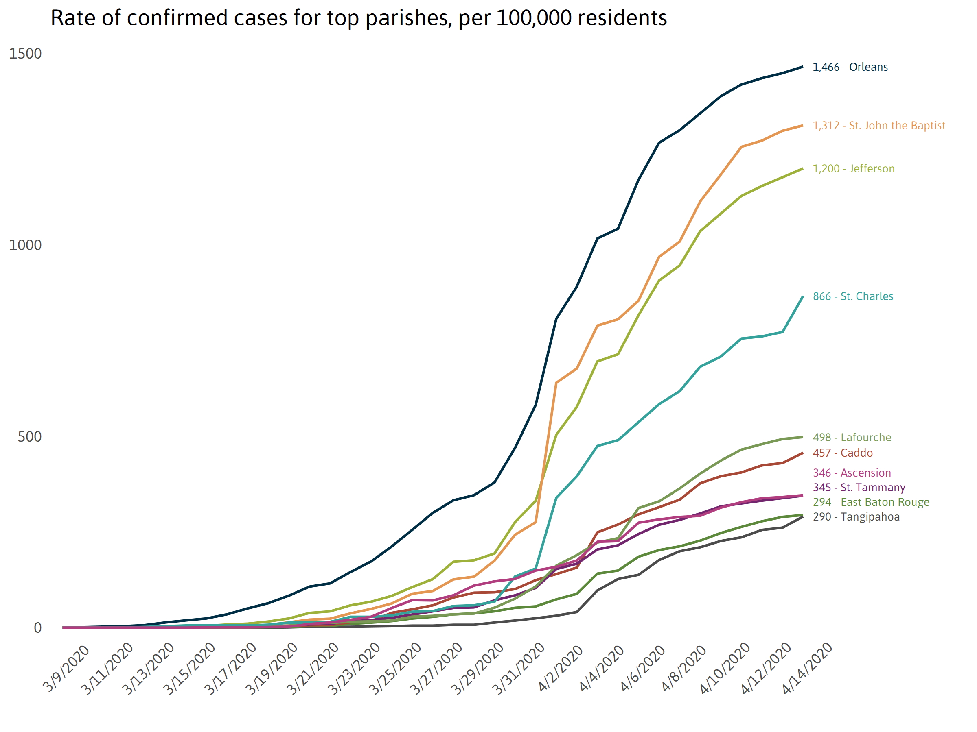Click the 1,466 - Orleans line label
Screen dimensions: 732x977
coord(850,67)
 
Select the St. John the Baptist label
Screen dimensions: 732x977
coord(878,126)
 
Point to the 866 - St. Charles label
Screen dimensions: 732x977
coord(852,296)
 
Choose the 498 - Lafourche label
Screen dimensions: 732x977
coord(852,438)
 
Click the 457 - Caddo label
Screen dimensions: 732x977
coord(842,453)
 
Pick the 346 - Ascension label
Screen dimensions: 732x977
coord(852,473)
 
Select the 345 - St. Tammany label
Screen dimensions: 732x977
coord(859,488)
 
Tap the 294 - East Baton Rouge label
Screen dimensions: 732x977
coord(871,502)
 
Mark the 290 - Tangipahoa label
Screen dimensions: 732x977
coord(856,517)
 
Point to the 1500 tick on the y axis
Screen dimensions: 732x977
coord(25,54)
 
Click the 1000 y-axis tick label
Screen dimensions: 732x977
coord(25,245)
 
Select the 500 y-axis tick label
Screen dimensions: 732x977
coord(29,437)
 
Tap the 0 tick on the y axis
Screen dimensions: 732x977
coord(37,628)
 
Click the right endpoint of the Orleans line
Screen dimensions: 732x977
coord(802,67)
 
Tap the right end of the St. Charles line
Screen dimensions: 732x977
coord(802,296)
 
